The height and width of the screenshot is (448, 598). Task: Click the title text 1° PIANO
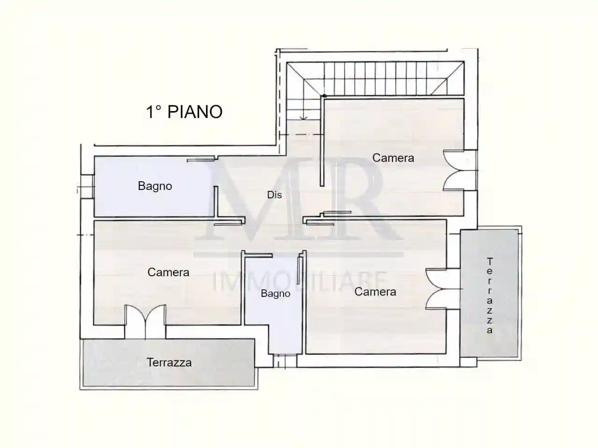(185, 112)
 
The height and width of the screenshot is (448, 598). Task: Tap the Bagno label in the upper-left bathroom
(155, 186)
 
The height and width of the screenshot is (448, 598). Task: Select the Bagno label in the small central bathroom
(275, 294)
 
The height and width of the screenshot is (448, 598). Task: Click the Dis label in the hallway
(274, 195)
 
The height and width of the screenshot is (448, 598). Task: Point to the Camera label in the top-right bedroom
(393, 158)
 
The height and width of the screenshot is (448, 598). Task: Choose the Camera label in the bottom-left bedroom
(168, 272)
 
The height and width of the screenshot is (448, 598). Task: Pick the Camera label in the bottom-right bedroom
(375, 292)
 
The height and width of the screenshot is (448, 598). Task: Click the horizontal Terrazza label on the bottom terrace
(169, 363)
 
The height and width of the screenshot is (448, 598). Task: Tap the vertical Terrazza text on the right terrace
(490, 296)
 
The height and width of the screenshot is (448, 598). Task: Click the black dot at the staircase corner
(323, 96)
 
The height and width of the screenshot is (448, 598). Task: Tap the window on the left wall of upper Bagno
(85, 186)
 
